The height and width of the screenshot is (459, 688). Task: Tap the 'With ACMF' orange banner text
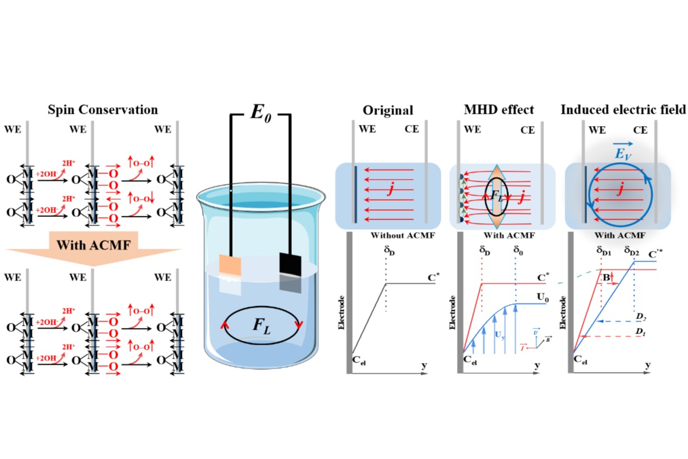(x=89, y=245)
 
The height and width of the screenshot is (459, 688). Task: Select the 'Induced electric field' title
(x=623, y=110)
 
